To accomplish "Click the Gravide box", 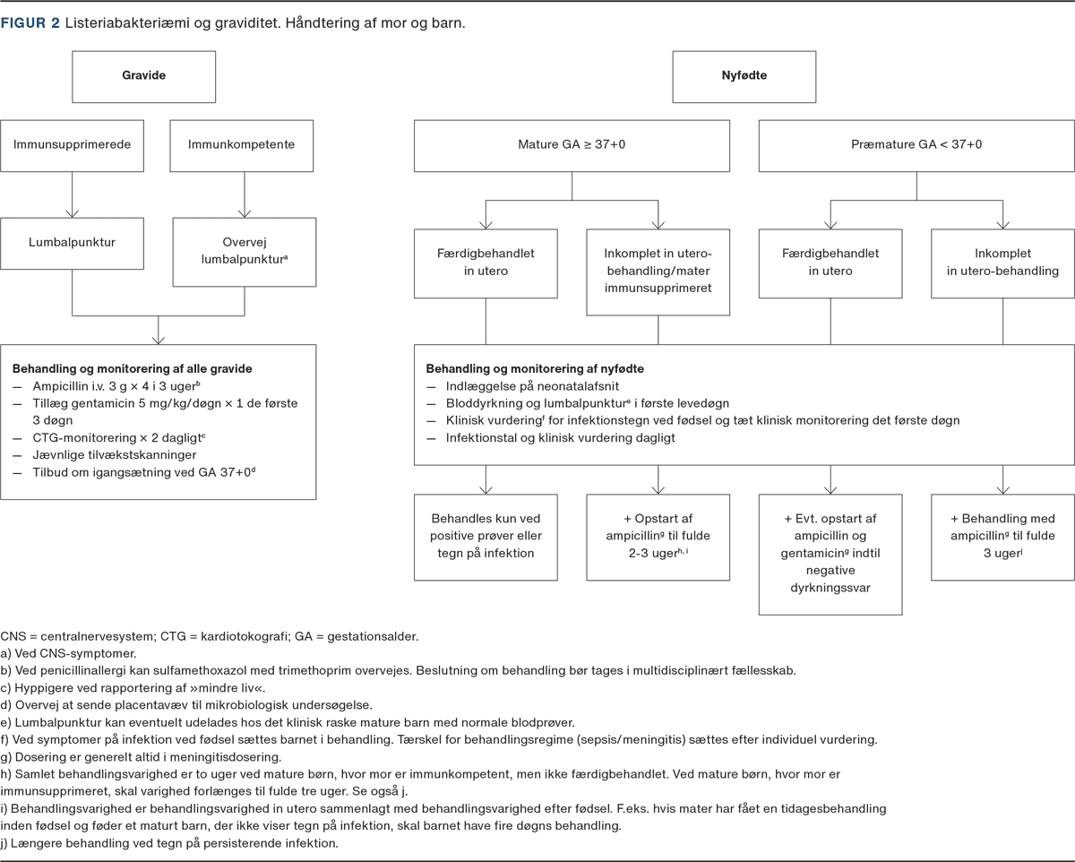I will click(x=143, y=75).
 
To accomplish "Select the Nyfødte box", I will click(x=744, y=75).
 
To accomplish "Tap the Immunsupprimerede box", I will click(x=72, y=144).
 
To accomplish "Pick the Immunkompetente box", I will click(x=242, y=144).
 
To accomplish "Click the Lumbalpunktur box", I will click(x=72, y=241).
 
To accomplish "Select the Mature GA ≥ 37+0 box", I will click(x=572, y=144).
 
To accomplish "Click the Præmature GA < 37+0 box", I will click(x=916, y=144).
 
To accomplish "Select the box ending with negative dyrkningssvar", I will click(x=830, y=553).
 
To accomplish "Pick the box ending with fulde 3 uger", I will click(x=1002, y=535).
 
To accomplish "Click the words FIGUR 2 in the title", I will click(x=30, y=23).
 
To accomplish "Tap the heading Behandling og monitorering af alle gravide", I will click(x=133, y=368).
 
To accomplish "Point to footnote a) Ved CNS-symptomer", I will click(x=68, y=653).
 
